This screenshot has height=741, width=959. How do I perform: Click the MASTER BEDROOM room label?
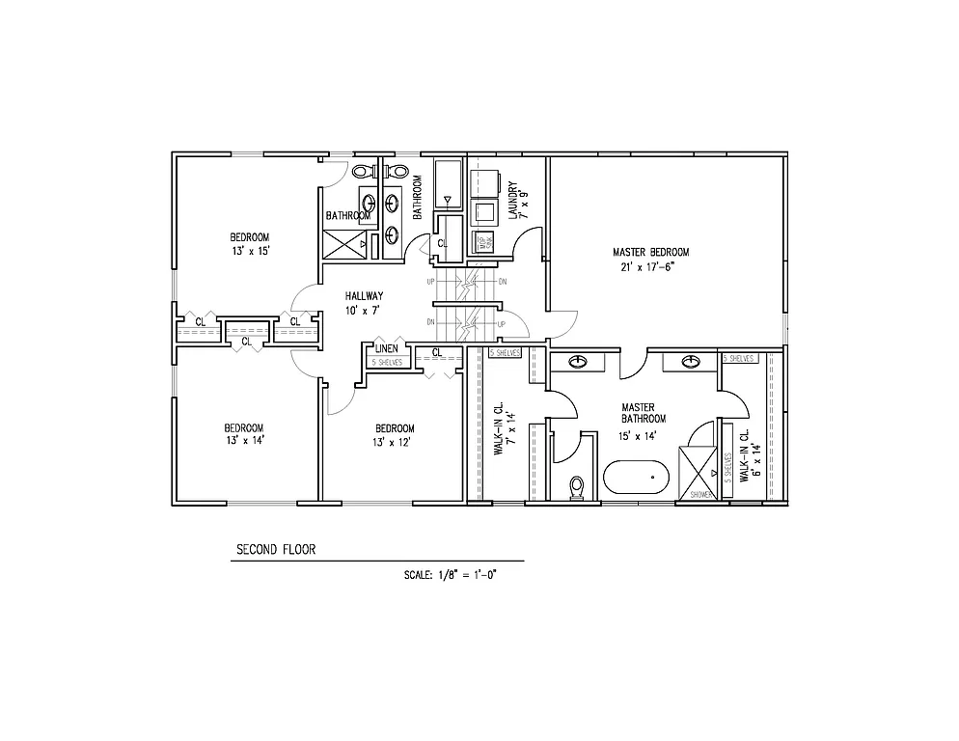(x=651, y=253)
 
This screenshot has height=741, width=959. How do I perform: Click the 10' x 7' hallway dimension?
(x=364, y=310)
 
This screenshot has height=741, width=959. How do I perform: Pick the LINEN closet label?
(x=388, y=348)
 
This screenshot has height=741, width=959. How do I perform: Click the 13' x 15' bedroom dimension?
(x=249, y=251)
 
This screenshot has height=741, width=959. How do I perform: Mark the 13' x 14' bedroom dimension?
(x=244, y=441)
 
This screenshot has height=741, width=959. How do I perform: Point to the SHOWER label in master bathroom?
(x=701, y=495)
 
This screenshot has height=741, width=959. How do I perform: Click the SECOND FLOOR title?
(x=276, y=550)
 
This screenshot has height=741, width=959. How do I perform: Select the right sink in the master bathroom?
(x=691, y=362)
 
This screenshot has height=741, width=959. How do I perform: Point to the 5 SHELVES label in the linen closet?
(x=387, y=362)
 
